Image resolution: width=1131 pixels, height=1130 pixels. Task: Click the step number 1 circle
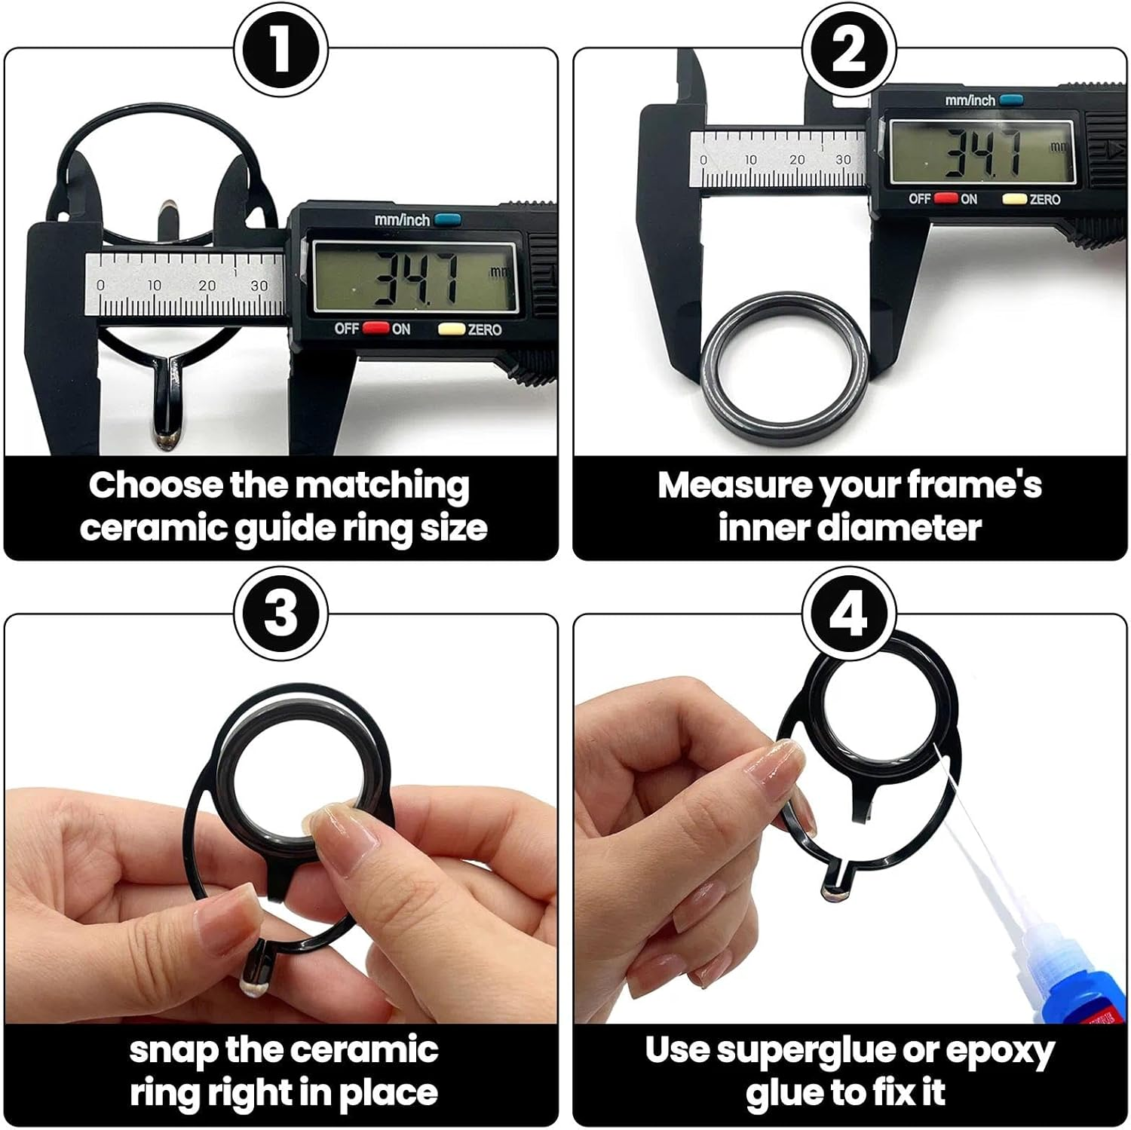pyautogui.click(x=280, y=50)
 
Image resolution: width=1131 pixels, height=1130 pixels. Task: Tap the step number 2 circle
pyautogui.click(x=849, y=50)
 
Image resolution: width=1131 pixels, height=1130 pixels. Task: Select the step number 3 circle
pyautogui.click(x=280, y=613)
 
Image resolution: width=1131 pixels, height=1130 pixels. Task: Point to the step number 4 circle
pyautogui.click(x=849, y=613)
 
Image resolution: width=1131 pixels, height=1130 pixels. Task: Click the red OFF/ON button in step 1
pyautogui.click(x=375, y=329)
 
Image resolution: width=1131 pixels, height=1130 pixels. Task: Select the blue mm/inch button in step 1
pyautogui.click(x=448, y=220)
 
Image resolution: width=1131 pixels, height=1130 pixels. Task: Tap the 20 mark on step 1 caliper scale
pyautogui.click(x=207, y=286)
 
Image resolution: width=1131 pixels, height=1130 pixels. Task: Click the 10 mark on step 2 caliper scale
pyautogui.click(x=750, y=160)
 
